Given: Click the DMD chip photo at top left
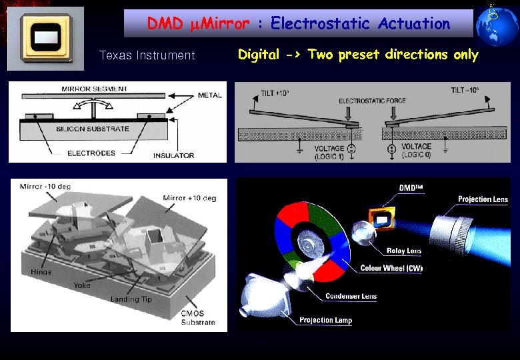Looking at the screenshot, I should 46,39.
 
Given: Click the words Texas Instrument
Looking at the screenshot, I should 147,55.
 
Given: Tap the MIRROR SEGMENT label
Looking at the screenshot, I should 95,89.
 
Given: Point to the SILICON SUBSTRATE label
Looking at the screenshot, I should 93,129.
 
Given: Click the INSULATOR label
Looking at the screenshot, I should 173,155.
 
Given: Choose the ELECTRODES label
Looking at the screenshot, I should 91,153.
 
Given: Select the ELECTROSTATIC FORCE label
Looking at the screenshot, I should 372,101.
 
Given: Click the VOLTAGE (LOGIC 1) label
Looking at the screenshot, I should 331,151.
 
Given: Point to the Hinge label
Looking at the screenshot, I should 41,272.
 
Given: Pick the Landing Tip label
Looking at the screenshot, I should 131,299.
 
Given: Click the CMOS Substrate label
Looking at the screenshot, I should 198,318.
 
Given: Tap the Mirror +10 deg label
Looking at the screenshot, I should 190,198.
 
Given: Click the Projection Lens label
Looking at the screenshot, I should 483,199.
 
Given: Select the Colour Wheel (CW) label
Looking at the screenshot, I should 391,269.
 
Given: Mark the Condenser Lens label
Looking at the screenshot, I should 351,296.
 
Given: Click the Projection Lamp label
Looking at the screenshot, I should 325,321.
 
